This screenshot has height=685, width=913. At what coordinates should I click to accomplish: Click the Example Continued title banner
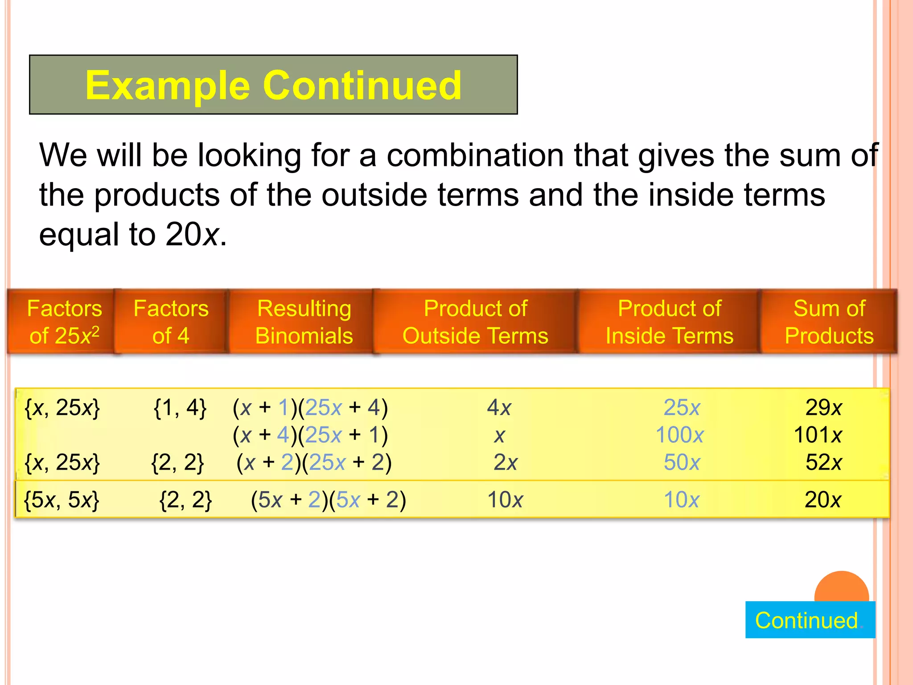tap(273, 85)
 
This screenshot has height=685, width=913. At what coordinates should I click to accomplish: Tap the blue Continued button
tap(810, 620)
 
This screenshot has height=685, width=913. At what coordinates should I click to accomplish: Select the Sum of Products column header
tap(829, 322)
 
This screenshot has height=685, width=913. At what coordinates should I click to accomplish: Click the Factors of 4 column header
tap(171, 322)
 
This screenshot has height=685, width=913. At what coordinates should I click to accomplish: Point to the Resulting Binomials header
tap(304, 322)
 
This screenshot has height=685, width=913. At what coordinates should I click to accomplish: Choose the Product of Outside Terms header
tap(475, 322)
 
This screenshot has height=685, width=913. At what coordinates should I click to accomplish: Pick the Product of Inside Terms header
tap(669, 322)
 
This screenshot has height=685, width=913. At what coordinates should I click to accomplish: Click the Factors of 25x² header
tap(64, 322)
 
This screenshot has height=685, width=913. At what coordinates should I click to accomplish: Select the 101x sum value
tap(818, 435)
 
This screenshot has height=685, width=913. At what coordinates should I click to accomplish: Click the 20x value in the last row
tap(823, 499)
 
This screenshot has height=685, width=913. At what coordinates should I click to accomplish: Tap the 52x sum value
tap(823, 462)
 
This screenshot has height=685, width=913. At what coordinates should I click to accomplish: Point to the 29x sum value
tap(823, 408)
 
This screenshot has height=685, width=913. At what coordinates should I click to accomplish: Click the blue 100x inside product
tap(680, 435)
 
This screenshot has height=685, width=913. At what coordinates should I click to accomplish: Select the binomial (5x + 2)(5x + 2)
tap(328, 499)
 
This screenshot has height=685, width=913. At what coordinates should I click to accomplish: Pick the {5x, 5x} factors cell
tap(62, 499)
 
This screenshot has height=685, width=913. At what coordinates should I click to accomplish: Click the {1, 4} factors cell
tap(180, 408)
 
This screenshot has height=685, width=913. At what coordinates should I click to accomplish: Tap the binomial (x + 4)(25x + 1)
tap(310, 435)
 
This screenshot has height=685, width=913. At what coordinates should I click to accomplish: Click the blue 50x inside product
tap(682, 462)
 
